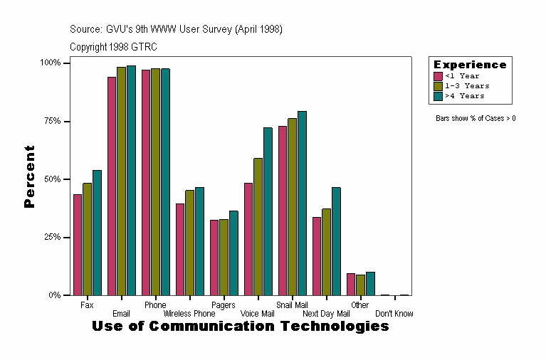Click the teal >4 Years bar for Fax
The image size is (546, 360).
coord(97,233)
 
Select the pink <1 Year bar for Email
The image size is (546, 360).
coord(112,186)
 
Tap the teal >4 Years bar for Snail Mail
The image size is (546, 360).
coord(302,203)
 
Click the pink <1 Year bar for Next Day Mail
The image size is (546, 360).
coord(317,256)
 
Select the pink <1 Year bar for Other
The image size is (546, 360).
coord(351,284)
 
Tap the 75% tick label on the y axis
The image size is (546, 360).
coord(52,121)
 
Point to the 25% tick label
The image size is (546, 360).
coord(52,237)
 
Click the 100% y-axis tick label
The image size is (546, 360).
coord(51,63)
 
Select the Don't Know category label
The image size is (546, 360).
coord(394,314)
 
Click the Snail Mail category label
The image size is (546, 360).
coord(292,305)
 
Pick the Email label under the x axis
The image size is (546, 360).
coord(121,314)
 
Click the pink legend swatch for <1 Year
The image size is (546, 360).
coord(439,76)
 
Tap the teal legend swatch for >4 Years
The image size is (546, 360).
coord(439,95)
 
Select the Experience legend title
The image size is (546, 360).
coord(470,65)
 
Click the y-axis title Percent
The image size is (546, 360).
coord(29,176)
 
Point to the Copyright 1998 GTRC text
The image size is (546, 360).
coord(113,47)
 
